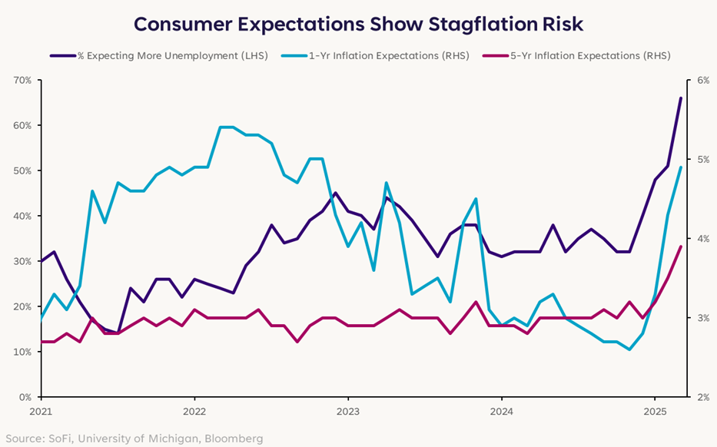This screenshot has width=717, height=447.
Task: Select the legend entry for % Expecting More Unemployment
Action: [x=159, y=56]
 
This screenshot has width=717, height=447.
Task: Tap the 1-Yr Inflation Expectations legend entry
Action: [x=376, y=56]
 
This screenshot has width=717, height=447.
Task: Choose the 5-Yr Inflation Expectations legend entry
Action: [x=576, y=56]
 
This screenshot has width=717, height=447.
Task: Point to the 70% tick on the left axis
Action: [x=22, y=81]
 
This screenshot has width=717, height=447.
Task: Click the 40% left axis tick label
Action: [x=22, y=216]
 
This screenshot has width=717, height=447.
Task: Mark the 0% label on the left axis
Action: [x=25, y=397]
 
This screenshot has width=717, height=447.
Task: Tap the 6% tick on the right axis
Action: [x=703, y=81]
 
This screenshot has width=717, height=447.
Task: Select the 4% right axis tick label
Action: [x=703, y=239]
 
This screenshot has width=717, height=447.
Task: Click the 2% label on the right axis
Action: [x=703, y=397]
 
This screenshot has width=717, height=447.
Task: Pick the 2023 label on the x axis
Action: [x=348, y=412]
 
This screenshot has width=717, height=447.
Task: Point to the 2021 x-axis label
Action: [x=41, y=412]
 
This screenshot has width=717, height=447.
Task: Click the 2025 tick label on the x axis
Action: [x=655, y=412]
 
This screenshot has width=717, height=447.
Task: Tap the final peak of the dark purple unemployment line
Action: [x=680, y=98]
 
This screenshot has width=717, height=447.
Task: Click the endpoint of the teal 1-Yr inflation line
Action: [x=680, y=167]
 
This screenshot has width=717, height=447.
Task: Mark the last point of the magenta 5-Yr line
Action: [x=680, y=247]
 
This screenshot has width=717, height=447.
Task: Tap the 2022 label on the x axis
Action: [x=194, y=412]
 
